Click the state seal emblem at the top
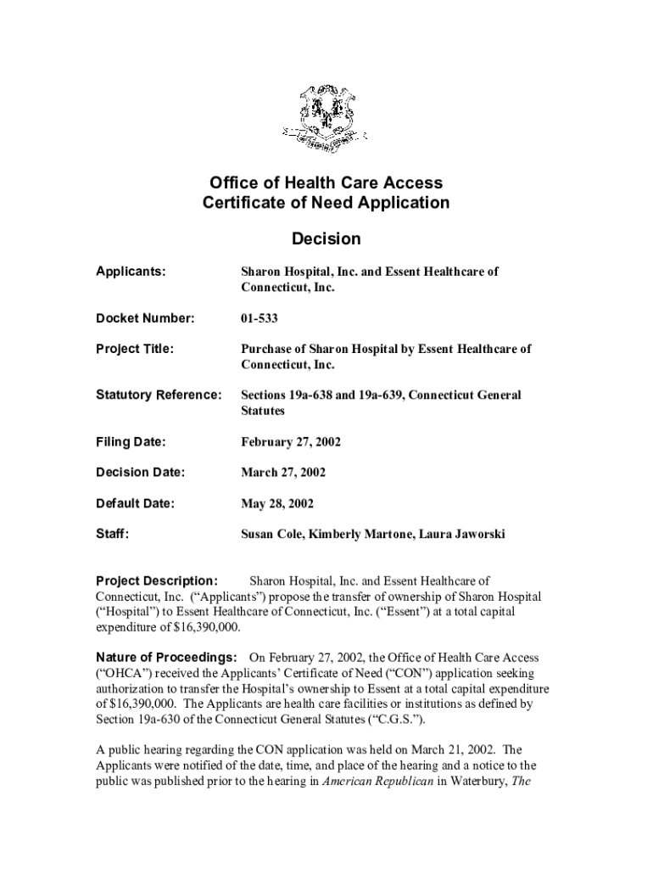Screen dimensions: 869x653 pyautogui.click(x=326, y=118)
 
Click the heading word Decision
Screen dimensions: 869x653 pyautogui.click(x=326, y=239)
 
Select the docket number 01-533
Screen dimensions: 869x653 pyautogui.click(x=260, y=318)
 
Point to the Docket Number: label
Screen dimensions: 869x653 pyautogui.click(x=145, y=318)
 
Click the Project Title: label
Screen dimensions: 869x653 pyautogui.click(x=135, y=349)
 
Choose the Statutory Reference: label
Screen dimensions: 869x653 pyautogui.click(x=159, y=395)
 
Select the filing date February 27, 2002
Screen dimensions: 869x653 pyautogui.click(x=291, y=442)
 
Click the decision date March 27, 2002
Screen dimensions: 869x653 pyautogui.click(x=283, y=473)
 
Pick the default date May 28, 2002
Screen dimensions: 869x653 pyautogui.click(x=277, y=503)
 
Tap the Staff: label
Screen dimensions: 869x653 pyautogui.click(x=112, y=534)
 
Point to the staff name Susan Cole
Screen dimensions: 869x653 pyautogui.click(x=271, y=534)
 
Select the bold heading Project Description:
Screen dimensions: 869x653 pyautogui.click(x=157, y=581)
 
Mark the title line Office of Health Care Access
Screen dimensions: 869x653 pyautogui.click(x=326, y=183)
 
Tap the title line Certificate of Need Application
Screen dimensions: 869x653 pyautogui.click(x=326, y=203)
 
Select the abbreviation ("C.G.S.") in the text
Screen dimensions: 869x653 pyautogui.click(x=387, y=719)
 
